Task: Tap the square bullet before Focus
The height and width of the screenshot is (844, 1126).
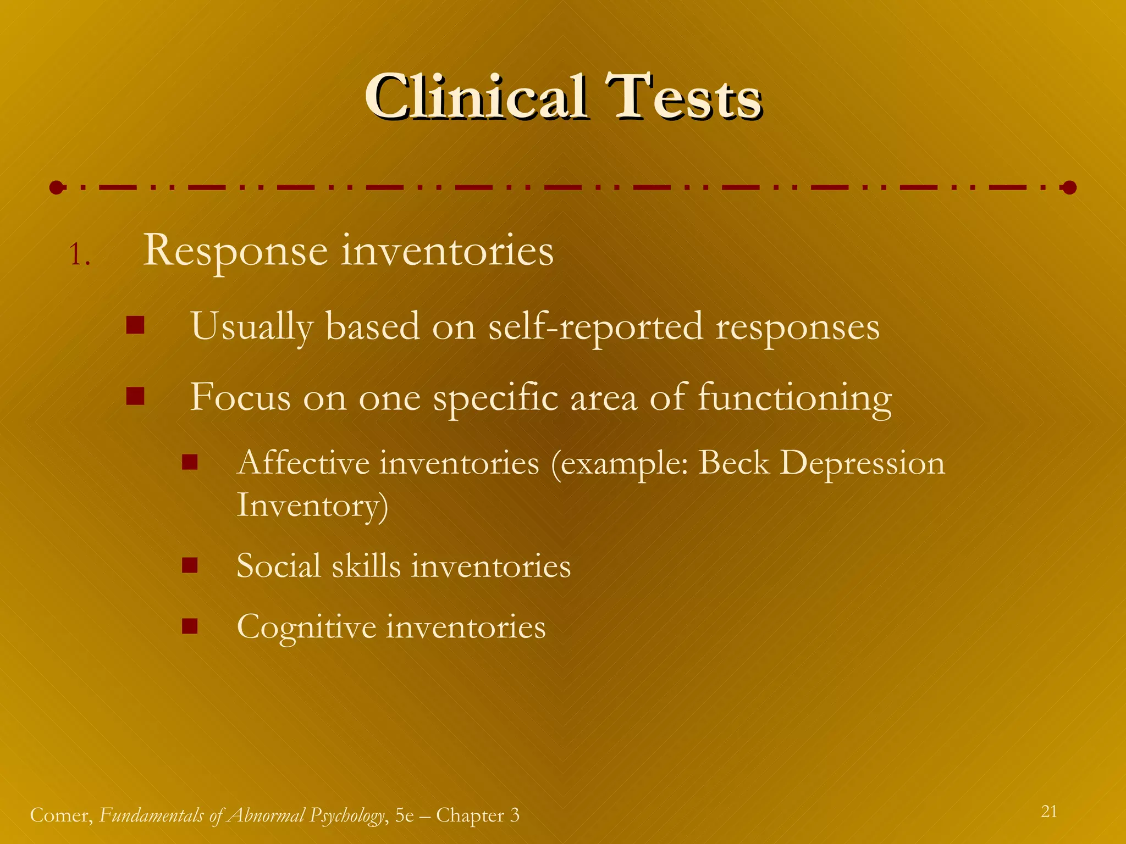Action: click(x=135, y=396)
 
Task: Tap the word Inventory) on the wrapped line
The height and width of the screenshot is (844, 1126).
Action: click(x=312, y=506)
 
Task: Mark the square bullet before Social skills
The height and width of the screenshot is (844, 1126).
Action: click(x=190, y=565)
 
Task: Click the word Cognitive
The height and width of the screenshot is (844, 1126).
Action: click(x=306, y=627)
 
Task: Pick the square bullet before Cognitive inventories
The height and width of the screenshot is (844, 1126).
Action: click(x=190, y=626)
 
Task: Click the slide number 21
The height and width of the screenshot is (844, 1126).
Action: click(x=1049, y=811)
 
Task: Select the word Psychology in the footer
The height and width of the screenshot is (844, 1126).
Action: click(x=346, y=815)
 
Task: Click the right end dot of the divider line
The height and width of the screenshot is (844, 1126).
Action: click(x=1069, y=188)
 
